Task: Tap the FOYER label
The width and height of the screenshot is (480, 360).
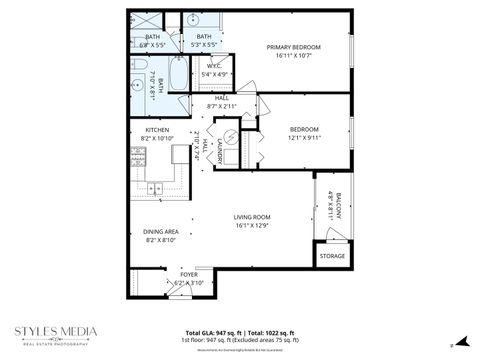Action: (x=189, y=274)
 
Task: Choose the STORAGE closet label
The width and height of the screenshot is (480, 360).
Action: (x=332, y=257)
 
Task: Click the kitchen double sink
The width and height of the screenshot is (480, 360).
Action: (x=156, y=188)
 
